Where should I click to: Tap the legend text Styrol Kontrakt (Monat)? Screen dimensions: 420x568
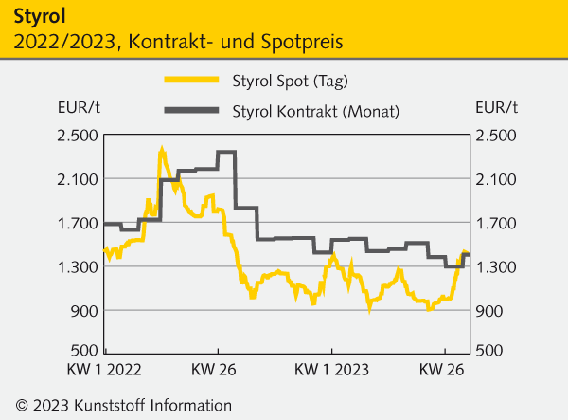click(x=315, y=111)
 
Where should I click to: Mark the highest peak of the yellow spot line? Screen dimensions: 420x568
click(x=162, y=150)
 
